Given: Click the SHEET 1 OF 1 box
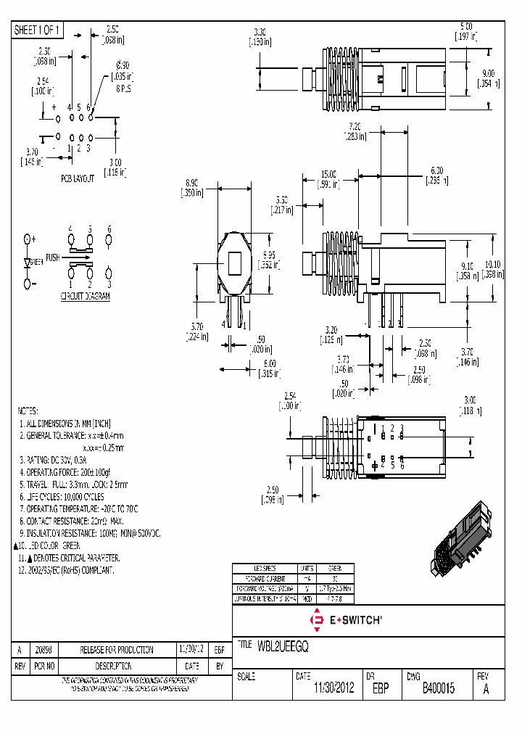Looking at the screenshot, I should click(38, 30).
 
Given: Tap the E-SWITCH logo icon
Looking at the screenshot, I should click(317, 620).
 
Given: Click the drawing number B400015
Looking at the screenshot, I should click(438, 689).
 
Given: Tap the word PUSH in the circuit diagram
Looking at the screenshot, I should click(53, 258).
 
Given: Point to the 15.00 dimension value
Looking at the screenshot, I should click(328, 174).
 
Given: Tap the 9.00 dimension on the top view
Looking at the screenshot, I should click(486, 73).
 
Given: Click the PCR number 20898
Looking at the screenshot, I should click(43, 650).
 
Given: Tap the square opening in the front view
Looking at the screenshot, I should click(235, 263).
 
